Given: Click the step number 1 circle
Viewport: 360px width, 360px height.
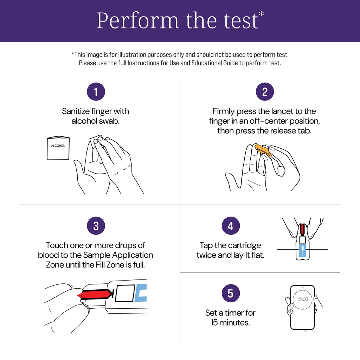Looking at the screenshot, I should [x=96, y=92].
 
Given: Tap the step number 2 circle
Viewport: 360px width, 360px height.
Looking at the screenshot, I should [x=265, y=92].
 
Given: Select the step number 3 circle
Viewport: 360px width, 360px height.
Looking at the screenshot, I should [x=96, y=226].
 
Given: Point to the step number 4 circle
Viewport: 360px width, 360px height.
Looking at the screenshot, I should [x=230, y=226].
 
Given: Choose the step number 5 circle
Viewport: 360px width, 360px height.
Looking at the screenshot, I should [x=230, y=293].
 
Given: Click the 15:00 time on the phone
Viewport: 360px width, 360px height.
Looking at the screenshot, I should [x=302, y=299].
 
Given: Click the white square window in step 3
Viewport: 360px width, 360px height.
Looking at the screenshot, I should [x=124, y=293].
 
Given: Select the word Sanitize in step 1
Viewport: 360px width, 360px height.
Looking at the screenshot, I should [x=75, y=111].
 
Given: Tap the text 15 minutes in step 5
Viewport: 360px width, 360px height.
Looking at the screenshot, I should [x=230, y=322].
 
